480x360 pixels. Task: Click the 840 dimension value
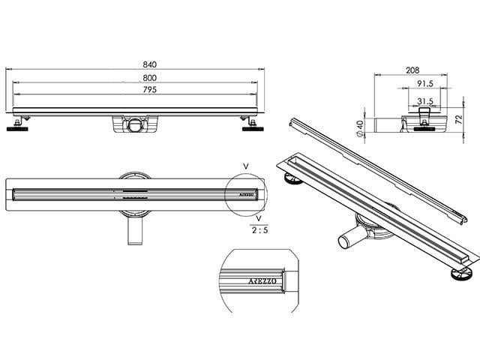(x=150, y=64)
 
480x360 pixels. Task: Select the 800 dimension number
(x=150, y=78)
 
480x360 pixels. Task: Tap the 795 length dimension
(x=150, y=89)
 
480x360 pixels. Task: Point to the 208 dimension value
(x=412, y=70)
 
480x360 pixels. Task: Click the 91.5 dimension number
(x=425, y=83)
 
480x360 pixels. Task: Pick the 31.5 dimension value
(x=425, y=101)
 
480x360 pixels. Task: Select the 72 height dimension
(x=458, y=119)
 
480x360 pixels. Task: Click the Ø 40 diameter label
(x=360, y=128)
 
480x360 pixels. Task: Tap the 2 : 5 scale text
(x=259, y=230)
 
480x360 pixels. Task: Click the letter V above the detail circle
(x=246, y=166)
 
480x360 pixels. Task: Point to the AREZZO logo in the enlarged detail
(x=262, y=281)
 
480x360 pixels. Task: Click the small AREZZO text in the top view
(x=247, y=194)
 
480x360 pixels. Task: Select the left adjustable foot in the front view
(x=17, y=125)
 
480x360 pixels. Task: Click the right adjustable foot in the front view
(x=253, y=125)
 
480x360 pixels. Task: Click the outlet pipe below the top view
(x=135, y=231)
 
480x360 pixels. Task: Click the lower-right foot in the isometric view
(x=461, y=273)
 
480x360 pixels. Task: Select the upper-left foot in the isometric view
(x=293, y=178)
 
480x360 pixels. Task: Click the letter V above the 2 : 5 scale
(x=259, y=218)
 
